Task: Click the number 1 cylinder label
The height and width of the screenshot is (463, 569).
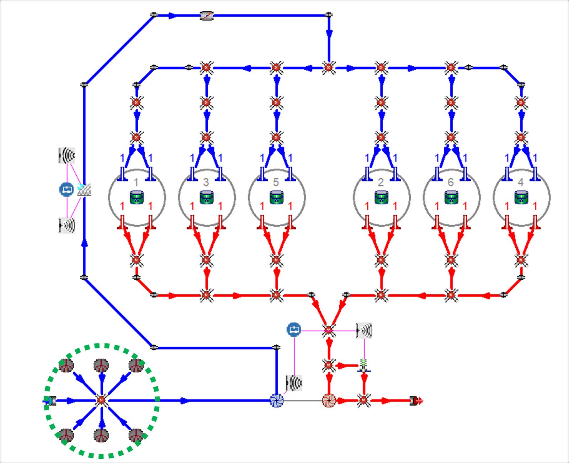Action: (x=136, y=182)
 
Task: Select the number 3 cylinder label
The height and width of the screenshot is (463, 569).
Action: (x=206, y=182)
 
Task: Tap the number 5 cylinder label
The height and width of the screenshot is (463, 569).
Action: (x=276, y=182)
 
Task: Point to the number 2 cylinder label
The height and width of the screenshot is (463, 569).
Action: (x=381, y=182)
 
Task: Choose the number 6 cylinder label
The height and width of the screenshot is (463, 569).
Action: (x=451, y=182)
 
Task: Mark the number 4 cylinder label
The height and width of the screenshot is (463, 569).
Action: (x=521, y=182)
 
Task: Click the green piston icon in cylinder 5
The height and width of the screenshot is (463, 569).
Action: (x=276, y=197)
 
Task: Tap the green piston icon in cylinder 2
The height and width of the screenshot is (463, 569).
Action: (x=382, y=197)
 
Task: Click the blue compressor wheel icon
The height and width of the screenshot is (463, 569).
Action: (x=276, y=401)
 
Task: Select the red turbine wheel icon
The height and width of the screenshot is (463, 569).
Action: (x=329, y=401)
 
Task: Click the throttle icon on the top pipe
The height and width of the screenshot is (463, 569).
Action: (x=207, y=16)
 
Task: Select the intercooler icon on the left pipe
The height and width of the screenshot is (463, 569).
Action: (x=84, y=189)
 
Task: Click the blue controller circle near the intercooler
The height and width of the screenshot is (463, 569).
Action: (x=67, y=190)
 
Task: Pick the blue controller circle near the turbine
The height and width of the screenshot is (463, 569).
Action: (x=294, y=329)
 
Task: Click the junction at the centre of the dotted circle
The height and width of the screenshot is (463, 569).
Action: (x=101, y=400)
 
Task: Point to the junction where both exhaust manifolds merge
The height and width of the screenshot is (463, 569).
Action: (x=329, y=330)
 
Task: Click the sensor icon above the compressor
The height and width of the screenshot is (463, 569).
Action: (x=294, y=383)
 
